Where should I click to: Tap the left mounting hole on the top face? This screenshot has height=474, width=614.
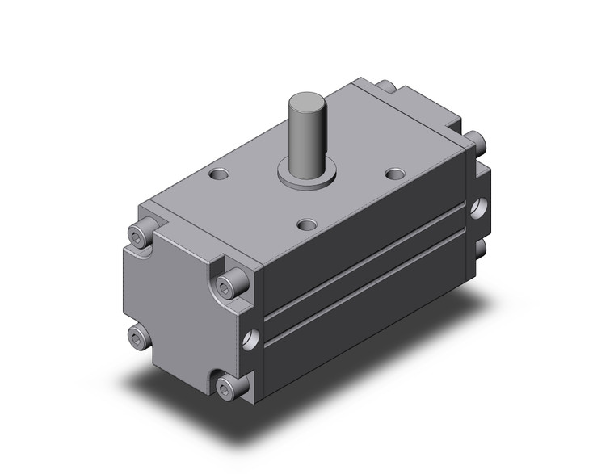(x=217, y=173)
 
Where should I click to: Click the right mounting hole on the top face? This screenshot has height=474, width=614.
(x=394, y=174)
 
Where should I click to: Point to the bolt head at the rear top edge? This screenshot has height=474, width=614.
(x=385, y=85)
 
